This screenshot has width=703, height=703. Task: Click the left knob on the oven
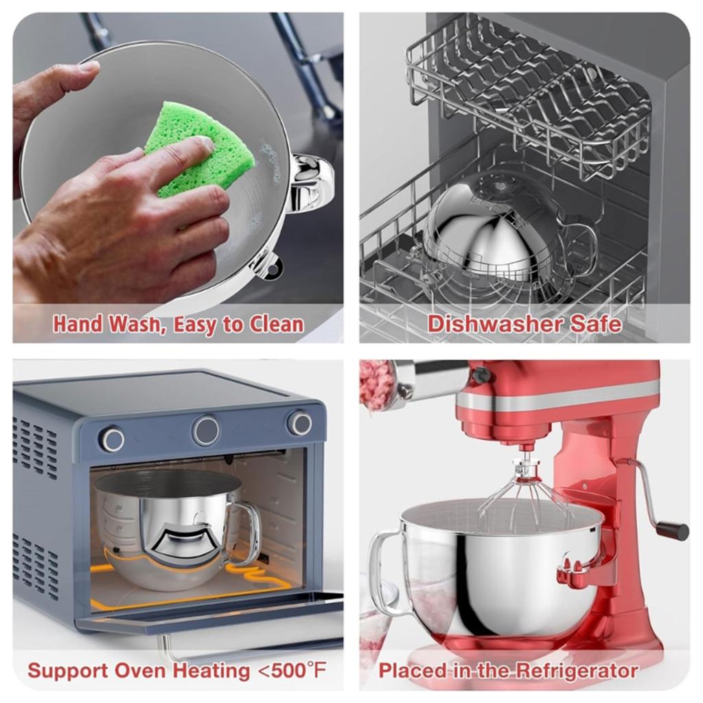point(113,439)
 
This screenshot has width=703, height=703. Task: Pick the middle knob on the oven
point(206,430)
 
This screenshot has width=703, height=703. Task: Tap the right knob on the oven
point(299,423)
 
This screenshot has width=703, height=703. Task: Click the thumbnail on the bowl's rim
point(89,67)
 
